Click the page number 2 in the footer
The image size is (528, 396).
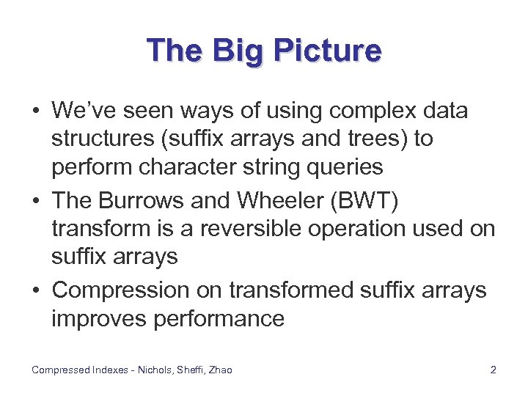point(494,370)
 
